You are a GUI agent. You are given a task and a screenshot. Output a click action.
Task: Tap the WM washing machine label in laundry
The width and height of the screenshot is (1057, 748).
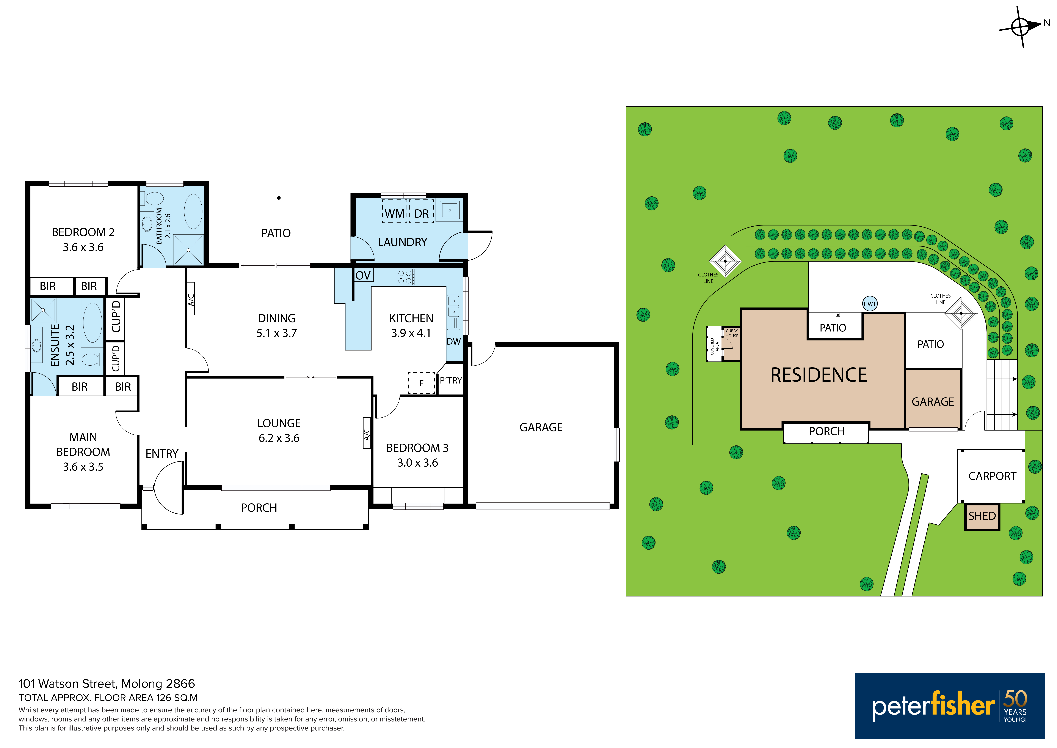[395, 214]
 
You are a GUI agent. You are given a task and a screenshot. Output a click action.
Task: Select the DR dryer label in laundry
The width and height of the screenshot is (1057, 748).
[421, 214]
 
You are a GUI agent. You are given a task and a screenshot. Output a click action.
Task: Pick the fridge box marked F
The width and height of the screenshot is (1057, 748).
[421, 383]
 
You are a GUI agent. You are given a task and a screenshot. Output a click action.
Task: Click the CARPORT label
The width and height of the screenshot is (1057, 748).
[992, 476]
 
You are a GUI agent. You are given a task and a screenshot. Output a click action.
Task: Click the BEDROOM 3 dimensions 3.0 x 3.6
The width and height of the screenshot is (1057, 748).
[418, 463]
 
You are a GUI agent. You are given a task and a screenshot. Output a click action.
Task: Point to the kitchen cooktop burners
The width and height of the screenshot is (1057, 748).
[405, 277]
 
